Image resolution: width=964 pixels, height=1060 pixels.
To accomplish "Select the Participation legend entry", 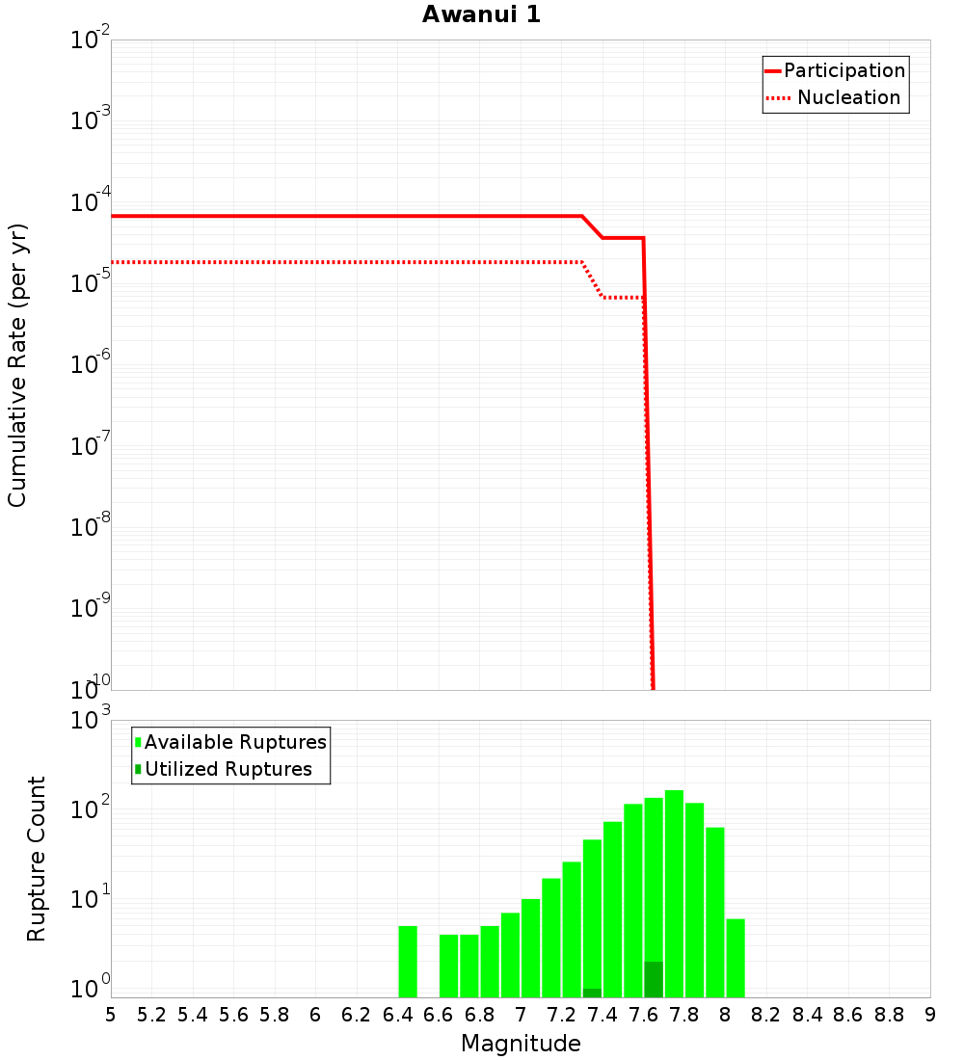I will click(843, 70).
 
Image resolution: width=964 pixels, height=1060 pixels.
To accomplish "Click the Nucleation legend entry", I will click(847, 97).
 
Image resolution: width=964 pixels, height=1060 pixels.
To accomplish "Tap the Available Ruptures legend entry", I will click(234, 742).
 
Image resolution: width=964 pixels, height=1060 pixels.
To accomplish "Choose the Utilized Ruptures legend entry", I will click(228, 769).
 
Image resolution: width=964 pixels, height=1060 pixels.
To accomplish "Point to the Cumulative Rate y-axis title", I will click(17, 365).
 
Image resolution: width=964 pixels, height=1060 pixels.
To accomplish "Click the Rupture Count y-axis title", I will click(37, 859).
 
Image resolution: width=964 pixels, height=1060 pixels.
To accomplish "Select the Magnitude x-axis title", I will click(521, 1044).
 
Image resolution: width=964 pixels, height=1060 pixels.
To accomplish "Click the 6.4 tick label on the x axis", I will click(397, 1015).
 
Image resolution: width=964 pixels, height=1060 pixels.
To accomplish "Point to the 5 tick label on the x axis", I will click(111, 1015).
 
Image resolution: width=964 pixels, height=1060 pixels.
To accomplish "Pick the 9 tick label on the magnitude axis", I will click(930, 1015).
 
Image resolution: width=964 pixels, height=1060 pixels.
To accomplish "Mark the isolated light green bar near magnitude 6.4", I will click(408, 962).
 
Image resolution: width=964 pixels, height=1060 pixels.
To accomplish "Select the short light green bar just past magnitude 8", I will click(736, 958).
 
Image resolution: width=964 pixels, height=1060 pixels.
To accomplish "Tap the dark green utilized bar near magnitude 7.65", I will click(654, 979).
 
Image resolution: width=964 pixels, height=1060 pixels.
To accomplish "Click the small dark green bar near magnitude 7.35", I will click(592, 993).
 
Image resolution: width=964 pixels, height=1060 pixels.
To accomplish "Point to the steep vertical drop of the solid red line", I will click(648, 463).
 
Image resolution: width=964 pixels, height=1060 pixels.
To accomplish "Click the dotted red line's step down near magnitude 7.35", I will click(592, 279).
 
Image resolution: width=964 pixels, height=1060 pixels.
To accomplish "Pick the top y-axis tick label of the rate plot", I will click(91, 40).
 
